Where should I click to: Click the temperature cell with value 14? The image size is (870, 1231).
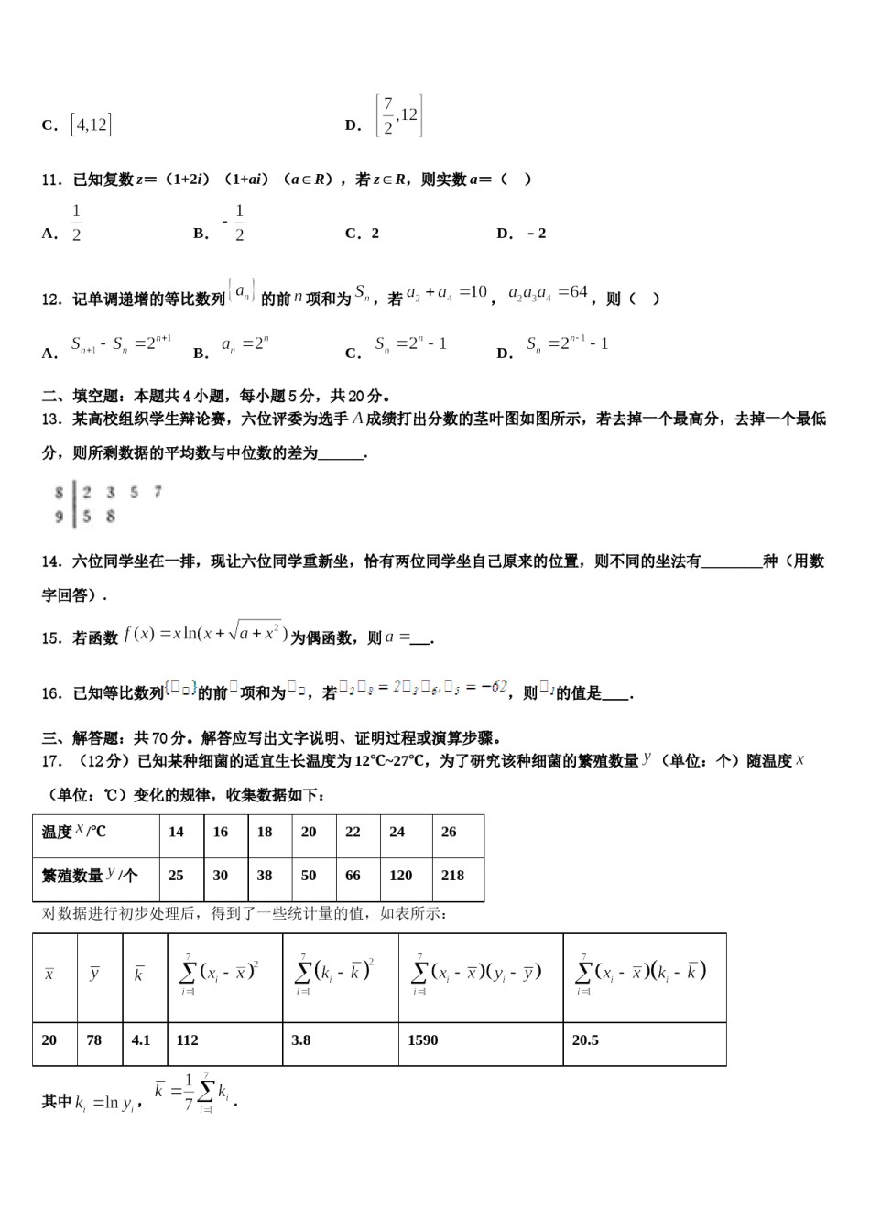click(176, 832)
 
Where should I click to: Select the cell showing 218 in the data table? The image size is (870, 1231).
click(452, 875)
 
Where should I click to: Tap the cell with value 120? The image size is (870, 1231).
click(400, 875)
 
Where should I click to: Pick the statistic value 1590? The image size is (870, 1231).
click(423, 1040)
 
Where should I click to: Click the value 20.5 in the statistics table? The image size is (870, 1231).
click(585, 1040)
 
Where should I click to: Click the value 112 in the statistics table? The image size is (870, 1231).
click(187, 1040)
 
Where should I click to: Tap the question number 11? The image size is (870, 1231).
click(51, 180)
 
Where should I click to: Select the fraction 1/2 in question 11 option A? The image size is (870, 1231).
click(76, 223)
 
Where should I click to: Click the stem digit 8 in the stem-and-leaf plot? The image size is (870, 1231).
click(60, 493)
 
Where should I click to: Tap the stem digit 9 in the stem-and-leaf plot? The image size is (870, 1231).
click(60, 517)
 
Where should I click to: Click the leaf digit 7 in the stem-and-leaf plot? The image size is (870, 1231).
click(158, 493)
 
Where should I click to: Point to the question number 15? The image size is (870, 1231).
click(51, 638)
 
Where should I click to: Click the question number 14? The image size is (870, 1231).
click(51, 561)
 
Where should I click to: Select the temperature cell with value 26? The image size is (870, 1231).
click(449, 832)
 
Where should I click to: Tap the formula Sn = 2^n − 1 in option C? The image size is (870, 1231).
click(410, 344)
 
